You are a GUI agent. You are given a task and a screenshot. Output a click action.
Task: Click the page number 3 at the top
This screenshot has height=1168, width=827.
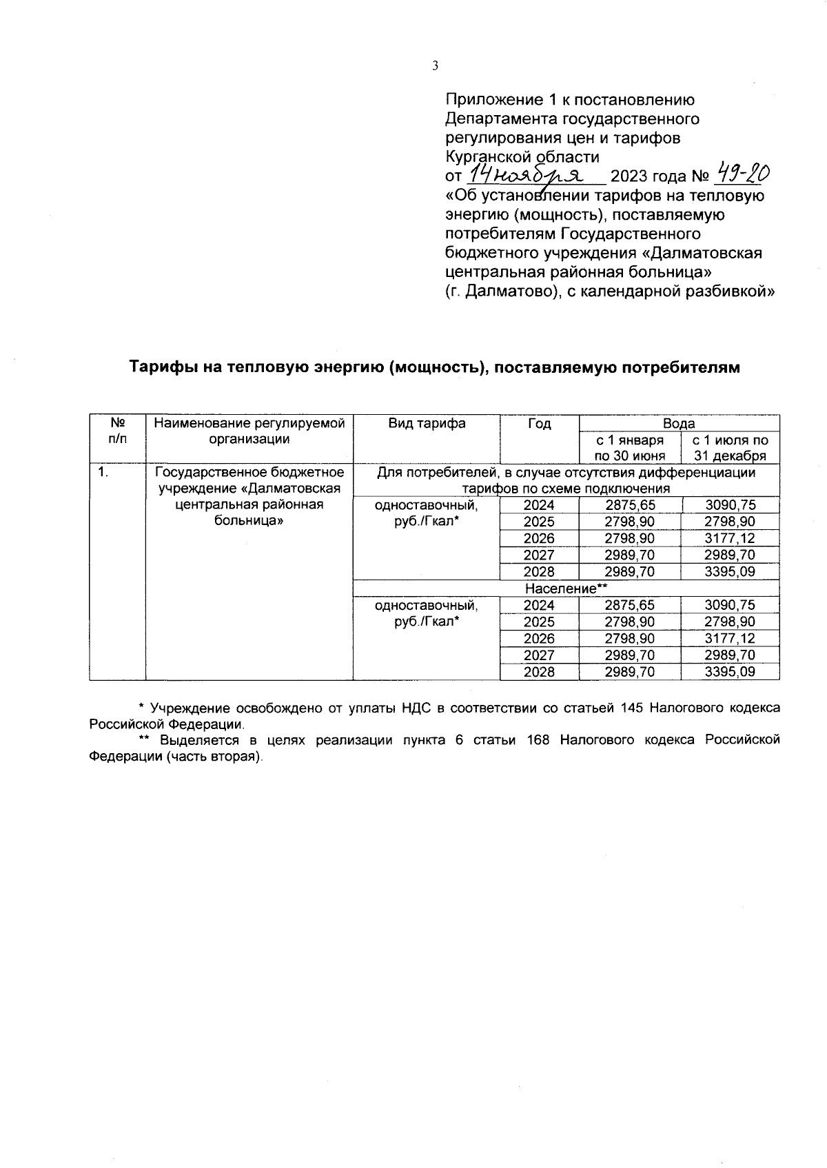tap(434, 66)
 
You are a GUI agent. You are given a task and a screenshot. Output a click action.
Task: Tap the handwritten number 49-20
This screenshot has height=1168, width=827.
tap(743, 173)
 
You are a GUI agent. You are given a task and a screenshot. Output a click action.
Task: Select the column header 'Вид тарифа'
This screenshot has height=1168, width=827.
tap(426, 423)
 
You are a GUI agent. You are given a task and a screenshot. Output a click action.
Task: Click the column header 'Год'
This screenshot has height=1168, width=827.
tap(539, 423)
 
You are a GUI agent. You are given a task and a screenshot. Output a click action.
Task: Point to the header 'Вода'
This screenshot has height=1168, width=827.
tap(679, 423)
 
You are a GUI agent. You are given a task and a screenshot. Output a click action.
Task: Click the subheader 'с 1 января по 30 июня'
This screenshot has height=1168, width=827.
tap(630, 447)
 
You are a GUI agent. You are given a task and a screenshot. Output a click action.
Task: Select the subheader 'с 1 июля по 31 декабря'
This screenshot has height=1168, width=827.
tap(730, 447)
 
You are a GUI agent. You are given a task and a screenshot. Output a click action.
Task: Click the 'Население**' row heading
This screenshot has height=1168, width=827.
tap(566, 588)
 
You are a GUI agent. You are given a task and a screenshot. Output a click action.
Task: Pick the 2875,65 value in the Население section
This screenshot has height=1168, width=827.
tap(630, 605)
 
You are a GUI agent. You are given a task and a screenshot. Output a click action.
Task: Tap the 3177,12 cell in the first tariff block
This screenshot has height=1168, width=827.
tap(730, 538)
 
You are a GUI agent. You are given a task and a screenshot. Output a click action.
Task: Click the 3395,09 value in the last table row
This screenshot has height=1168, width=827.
tap(730, 672)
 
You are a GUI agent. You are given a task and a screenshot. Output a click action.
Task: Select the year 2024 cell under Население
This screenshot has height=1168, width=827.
tap(539, 605)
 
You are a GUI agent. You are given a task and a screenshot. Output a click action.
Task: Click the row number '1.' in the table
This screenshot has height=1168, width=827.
tap(103, 473)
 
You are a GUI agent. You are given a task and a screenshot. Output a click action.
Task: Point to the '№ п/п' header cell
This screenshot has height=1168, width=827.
tap(117, 431)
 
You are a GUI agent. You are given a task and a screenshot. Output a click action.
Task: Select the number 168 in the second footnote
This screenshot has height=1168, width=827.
tap(538, 739)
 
